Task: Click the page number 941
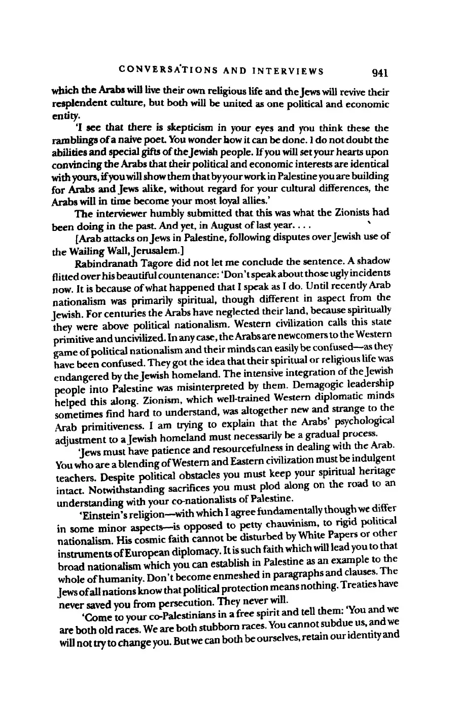379,72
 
